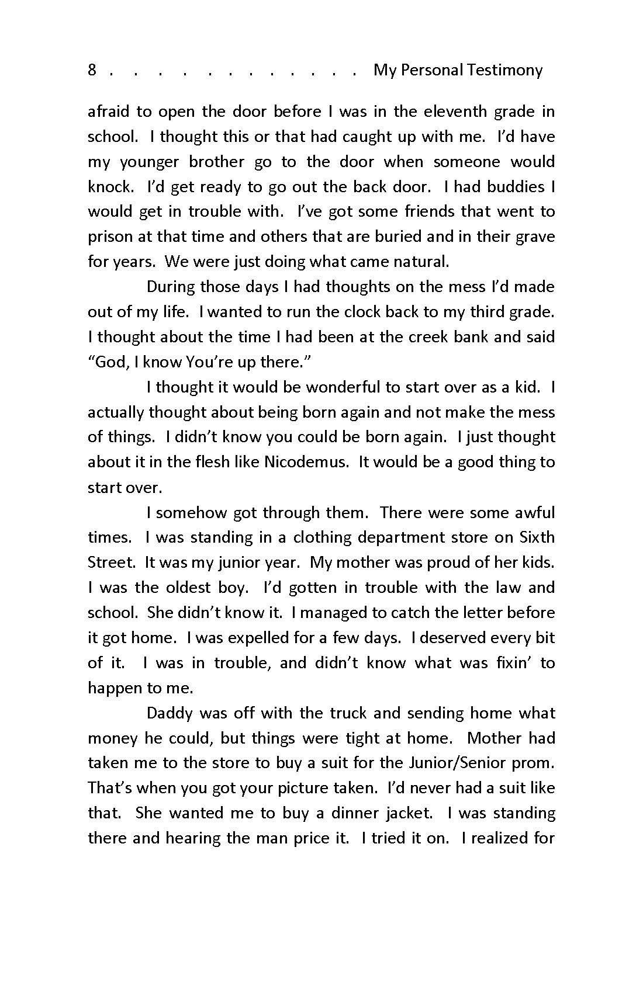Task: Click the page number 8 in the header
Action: click(92, 70)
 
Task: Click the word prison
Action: click(108, 237)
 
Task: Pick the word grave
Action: click(535, 237)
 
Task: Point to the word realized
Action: click(498, 838)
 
